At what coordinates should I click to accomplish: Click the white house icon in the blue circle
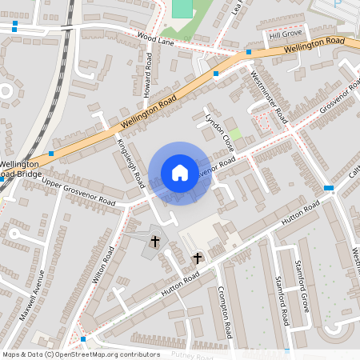(180, 173)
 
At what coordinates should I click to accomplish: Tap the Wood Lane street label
(157, 37)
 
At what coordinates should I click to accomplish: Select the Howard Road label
(148, 73)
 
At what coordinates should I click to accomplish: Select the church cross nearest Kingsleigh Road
(154, 240)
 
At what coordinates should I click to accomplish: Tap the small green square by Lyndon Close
(234, 134)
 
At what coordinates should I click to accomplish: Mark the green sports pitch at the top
(182, 8)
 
